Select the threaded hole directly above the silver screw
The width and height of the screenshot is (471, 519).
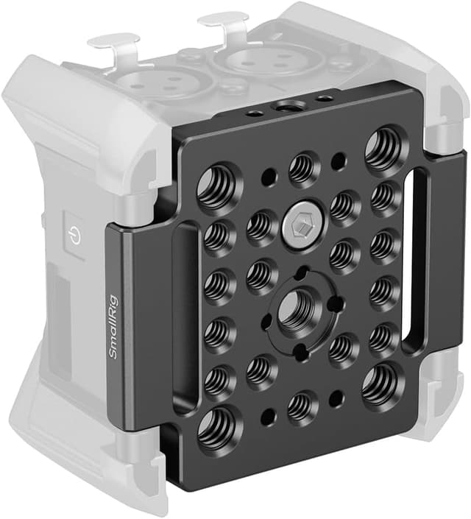pos(302,169)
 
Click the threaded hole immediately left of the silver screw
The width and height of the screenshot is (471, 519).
pos(260,227)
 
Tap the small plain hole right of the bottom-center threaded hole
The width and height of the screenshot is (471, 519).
pos(336,398)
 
